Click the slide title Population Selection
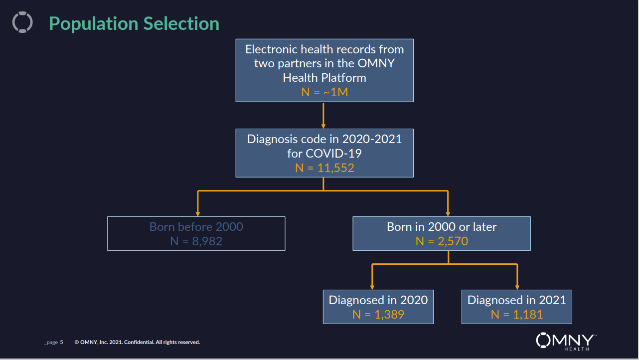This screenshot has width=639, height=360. [134, 23]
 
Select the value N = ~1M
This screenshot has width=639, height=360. [324, 92]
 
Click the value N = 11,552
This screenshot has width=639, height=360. [324, 168]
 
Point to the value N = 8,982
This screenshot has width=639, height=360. [196, 241]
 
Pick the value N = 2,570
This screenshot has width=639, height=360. [442, 241]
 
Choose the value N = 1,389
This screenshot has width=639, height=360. [378, 315]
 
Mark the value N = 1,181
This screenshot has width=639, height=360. [517, 315]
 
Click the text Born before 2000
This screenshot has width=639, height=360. [196, 227]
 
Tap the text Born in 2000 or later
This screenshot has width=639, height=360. [442, 227]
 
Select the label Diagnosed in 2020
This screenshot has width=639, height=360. [378, 300]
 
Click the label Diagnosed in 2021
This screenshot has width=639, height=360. [517, 300]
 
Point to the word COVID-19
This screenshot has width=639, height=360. [334, 154]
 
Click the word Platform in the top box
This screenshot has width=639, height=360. [344, 78]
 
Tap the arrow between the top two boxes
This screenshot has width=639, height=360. [323, 116]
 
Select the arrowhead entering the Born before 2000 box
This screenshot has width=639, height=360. [198, 214]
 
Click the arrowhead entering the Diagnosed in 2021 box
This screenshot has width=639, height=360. [517, 287]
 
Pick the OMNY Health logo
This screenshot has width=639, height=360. [566, 342]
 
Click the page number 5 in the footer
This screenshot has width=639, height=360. [61, 342]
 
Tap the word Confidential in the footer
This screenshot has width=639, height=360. [139, 342]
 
